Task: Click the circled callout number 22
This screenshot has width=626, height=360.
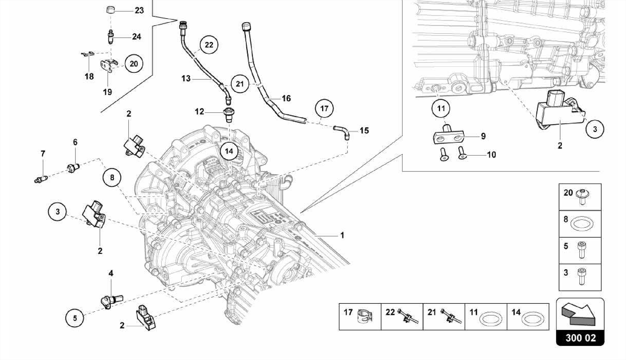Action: click(x=209, y=45)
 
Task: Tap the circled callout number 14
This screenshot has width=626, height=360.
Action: click(x=229, y=151)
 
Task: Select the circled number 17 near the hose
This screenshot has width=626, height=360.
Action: click(x=324, y=108)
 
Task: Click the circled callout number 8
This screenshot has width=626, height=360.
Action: click(x=112, y=177)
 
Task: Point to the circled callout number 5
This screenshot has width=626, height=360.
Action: click(x=75, y=318)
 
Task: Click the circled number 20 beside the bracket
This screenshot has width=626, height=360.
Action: click(x=134, y=64)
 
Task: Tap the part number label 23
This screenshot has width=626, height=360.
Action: click(x=139, y=10)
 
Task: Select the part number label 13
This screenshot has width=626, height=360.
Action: click(x=186, y=79)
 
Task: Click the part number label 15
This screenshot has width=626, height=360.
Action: click(x=364, y=131)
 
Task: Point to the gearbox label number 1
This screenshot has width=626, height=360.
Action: click(x=342, y=235)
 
